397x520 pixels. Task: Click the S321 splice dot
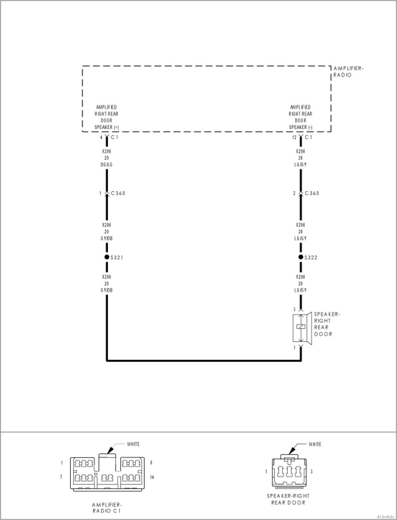click(x=106, y=257)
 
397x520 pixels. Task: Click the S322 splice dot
click(x=301, y=257)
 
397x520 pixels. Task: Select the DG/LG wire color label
click(x=107, y=165)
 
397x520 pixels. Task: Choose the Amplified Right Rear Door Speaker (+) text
click(x=106, y=117)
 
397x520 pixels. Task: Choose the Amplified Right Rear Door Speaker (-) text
click(x=301, y=117)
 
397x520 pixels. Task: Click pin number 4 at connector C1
click(x=101, y=137)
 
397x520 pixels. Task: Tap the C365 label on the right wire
click(x=312, y=193)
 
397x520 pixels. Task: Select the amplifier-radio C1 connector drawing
click(x=107, y=473)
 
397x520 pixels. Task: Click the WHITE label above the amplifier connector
click(x=133, y=444)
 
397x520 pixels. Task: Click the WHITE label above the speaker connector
click(x=315, y=444)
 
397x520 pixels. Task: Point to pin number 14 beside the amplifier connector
click(x=152, y=477)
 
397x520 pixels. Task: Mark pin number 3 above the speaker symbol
click(x=294, y=309)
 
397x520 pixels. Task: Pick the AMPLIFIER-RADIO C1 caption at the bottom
click(x=107, y=508)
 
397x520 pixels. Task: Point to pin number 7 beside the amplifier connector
click(x=61, y=477)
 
